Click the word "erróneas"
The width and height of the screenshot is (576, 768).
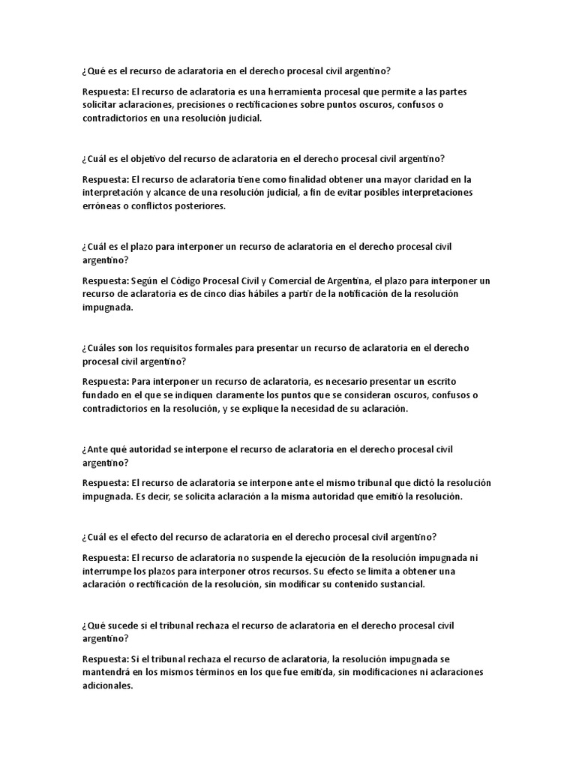pos(102,206)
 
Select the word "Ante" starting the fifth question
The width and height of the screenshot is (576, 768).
pos(94,449)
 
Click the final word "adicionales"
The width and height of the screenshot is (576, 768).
pos(107,685)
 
